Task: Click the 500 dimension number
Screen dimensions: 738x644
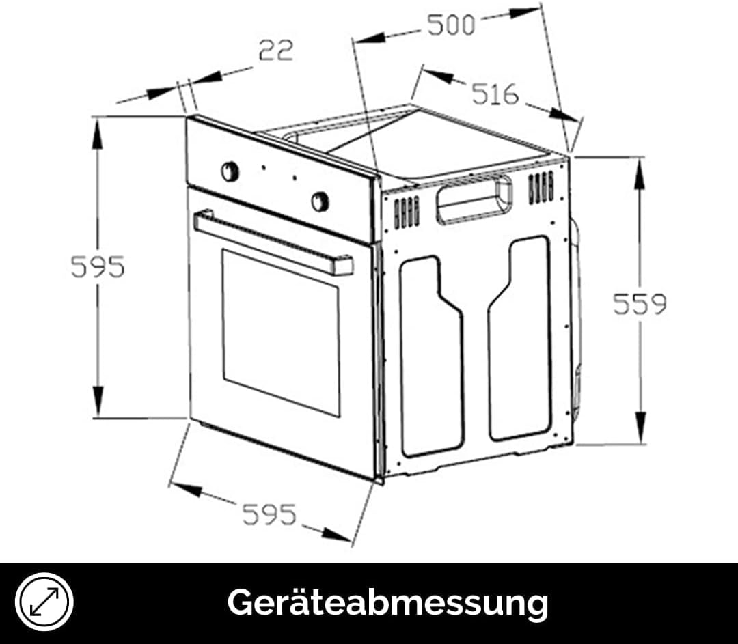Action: click(451, 25)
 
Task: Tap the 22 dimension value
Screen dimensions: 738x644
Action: click(276, 51)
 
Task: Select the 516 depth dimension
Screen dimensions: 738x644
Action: click(495, 94)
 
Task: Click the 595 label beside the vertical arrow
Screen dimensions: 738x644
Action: click(98, 267)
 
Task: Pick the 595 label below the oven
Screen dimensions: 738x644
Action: click(270, 514)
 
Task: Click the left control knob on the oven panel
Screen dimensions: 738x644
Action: click(230, 171)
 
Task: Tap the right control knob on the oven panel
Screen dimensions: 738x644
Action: click(320, 201)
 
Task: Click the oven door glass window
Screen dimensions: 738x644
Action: click(281, 333)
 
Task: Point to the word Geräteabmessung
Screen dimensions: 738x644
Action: click(388, 602)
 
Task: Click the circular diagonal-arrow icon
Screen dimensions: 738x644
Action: click(44, 602)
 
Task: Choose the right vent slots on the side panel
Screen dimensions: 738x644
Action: click(541, 188)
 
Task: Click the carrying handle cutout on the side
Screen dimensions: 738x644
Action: click(474, 199)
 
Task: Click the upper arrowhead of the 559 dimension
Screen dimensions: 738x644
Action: click(640, 174)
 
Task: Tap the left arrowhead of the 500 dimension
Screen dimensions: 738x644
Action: click(370, 38)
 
